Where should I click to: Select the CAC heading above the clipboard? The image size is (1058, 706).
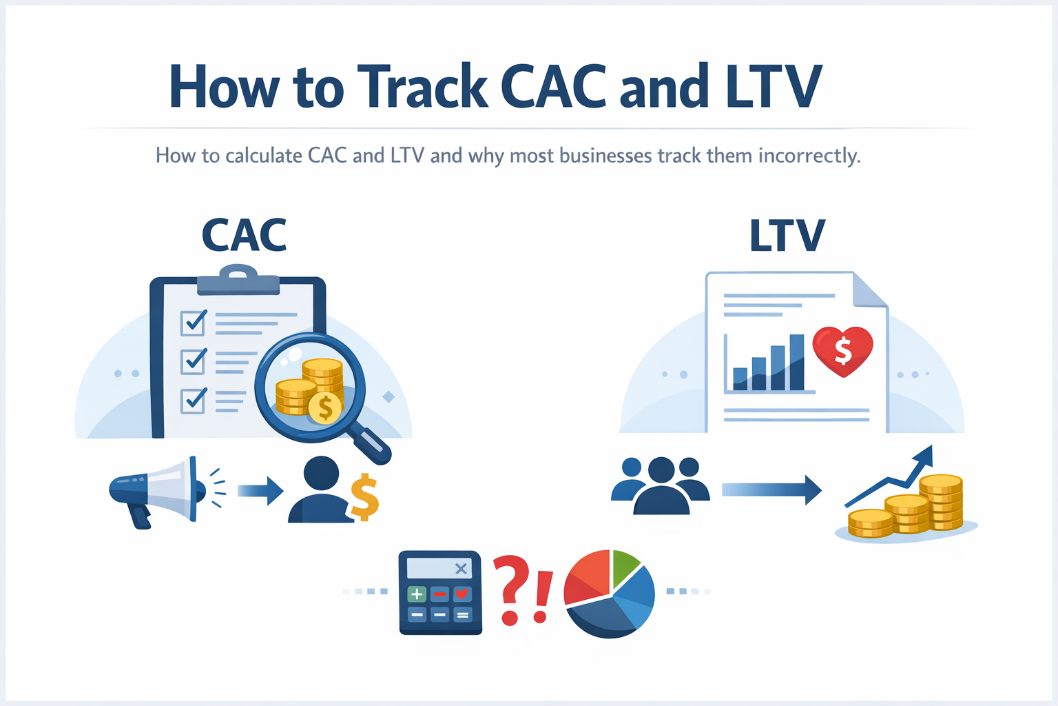coord(244,236)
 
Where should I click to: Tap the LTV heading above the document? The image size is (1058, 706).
coord(787,236)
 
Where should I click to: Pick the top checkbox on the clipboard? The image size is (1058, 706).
coord(193,322)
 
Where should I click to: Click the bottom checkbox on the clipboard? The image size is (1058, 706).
coord(193,401)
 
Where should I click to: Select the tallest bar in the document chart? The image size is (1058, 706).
coord(796,362)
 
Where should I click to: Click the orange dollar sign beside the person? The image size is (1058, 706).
coord(364,497)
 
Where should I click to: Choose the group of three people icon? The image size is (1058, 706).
coord(661,485)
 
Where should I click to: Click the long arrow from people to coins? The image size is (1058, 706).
coord(771,490)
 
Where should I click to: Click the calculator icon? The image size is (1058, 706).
coord(440,592)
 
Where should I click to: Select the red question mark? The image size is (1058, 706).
coord(510,589)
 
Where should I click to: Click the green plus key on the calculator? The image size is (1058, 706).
coord(417,594)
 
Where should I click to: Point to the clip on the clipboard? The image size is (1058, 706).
coord(238,279)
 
